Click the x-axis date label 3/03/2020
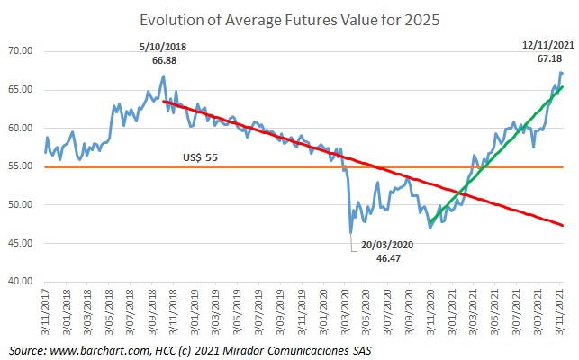tap(348, 311)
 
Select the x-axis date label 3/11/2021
tap(563, 311)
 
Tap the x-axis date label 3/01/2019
tap(198, 311)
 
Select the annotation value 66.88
tap(162, 59)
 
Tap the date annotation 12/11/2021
tap(548, 44)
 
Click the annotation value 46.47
tap(388, 257)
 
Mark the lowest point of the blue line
tap(351, 233)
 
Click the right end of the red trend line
tap(564, 225)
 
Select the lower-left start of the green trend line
tap(430, 223)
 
